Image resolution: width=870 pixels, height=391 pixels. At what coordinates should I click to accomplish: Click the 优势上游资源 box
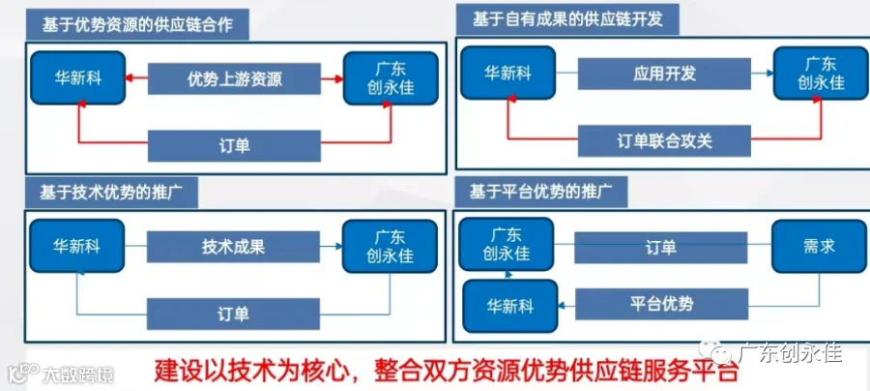click(x=235, y=78)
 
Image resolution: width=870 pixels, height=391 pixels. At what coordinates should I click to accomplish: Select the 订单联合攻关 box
click(x=665, y=141)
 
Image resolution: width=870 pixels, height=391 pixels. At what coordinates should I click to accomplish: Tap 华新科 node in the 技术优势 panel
click(x=77, y=246)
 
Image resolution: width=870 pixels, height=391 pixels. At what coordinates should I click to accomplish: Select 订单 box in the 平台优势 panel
click(x=661, y=247)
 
